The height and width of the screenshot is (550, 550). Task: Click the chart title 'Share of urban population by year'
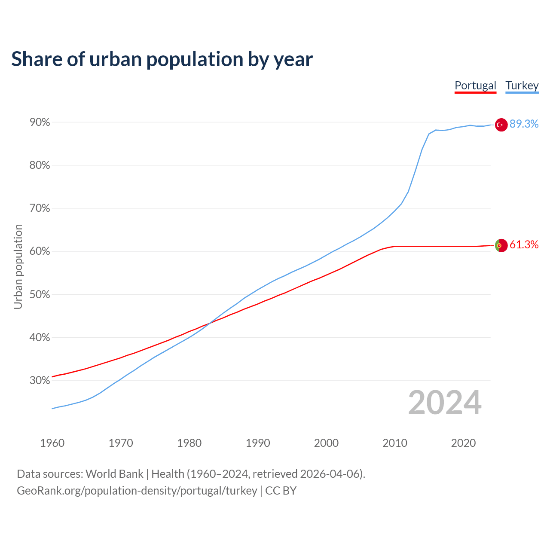[162, 59]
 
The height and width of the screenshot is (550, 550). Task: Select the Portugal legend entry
[475, 86]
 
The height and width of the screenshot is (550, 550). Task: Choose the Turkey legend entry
[522, 86]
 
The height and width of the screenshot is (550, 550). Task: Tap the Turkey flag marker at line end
[501, 125]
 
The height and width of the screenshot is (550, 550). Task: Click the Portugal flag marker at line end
[501, 245]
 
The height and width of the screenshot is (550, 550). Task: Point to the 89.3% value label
[524, 124]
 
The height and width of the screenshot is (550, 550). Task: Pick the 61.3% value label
[524, 245]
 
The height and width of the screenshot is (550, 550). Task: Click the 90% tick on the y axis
[40, 122]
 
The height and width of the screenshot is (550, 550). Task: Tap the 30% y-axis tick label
[40, 381]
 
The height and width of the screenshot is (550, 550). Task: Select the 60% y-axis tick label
[40, 251]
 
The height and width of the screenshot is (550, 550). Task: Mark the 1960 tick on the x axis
[52, 443]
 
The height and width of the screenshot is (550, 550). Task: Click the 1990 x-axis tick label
[258, 443]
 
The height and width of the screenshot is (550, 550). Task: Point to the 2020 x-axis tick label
[463, 443]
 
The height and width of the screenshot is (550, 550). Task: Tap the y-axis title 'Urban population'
[18, 266]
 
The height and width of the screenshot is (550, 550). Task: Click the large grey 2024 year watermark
[444, 403]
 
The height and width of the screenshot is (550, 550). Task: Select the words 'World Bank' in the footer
[114, 474]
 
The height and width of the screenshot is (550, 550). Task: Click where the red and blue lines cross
[209, 323]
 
